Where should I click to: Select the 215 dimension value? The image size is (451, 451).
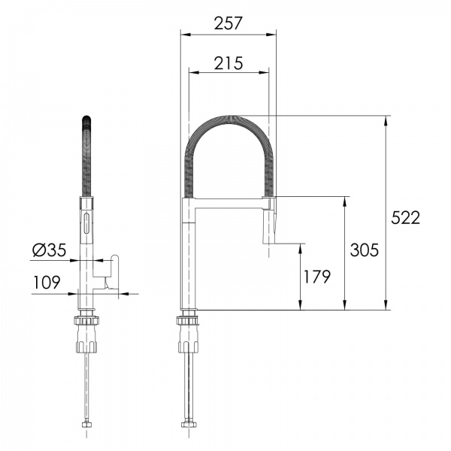coord(227,63)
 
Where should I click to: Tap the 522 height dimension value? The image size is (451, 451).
coord(407,217)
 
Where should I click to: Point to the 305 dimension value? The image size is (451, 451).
coord(364,250)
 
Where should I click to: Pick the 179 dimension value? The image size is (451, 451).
coord(316,277)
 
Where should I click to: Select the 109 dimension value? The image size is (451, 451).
coord(47,283)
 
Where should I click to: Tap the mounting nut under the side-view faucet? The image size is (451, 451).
coord(188,334)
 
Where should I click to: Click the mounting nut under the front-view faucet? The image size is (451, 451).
coord(88,334)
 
